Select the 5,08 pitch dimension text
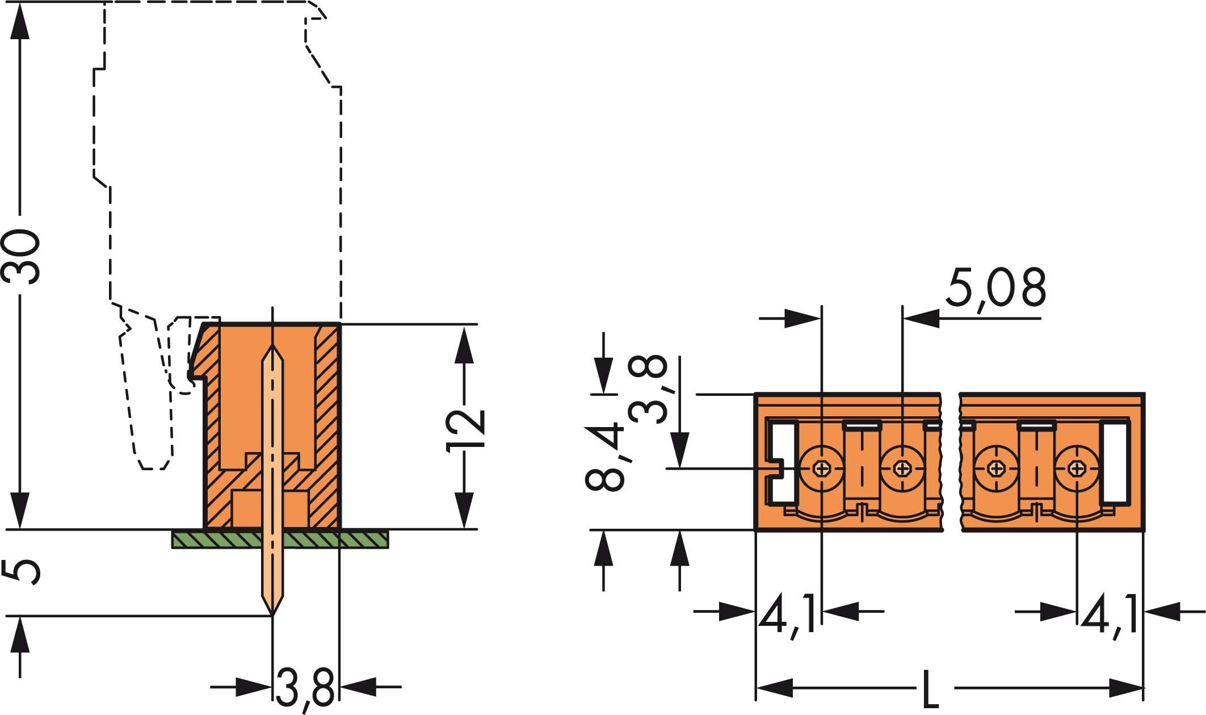pos(994,288)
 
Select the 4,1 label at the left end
pos(788,613)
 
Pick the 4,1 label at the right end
pos(1109,613)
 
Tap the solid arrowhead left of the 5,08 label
pos(922,318)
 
